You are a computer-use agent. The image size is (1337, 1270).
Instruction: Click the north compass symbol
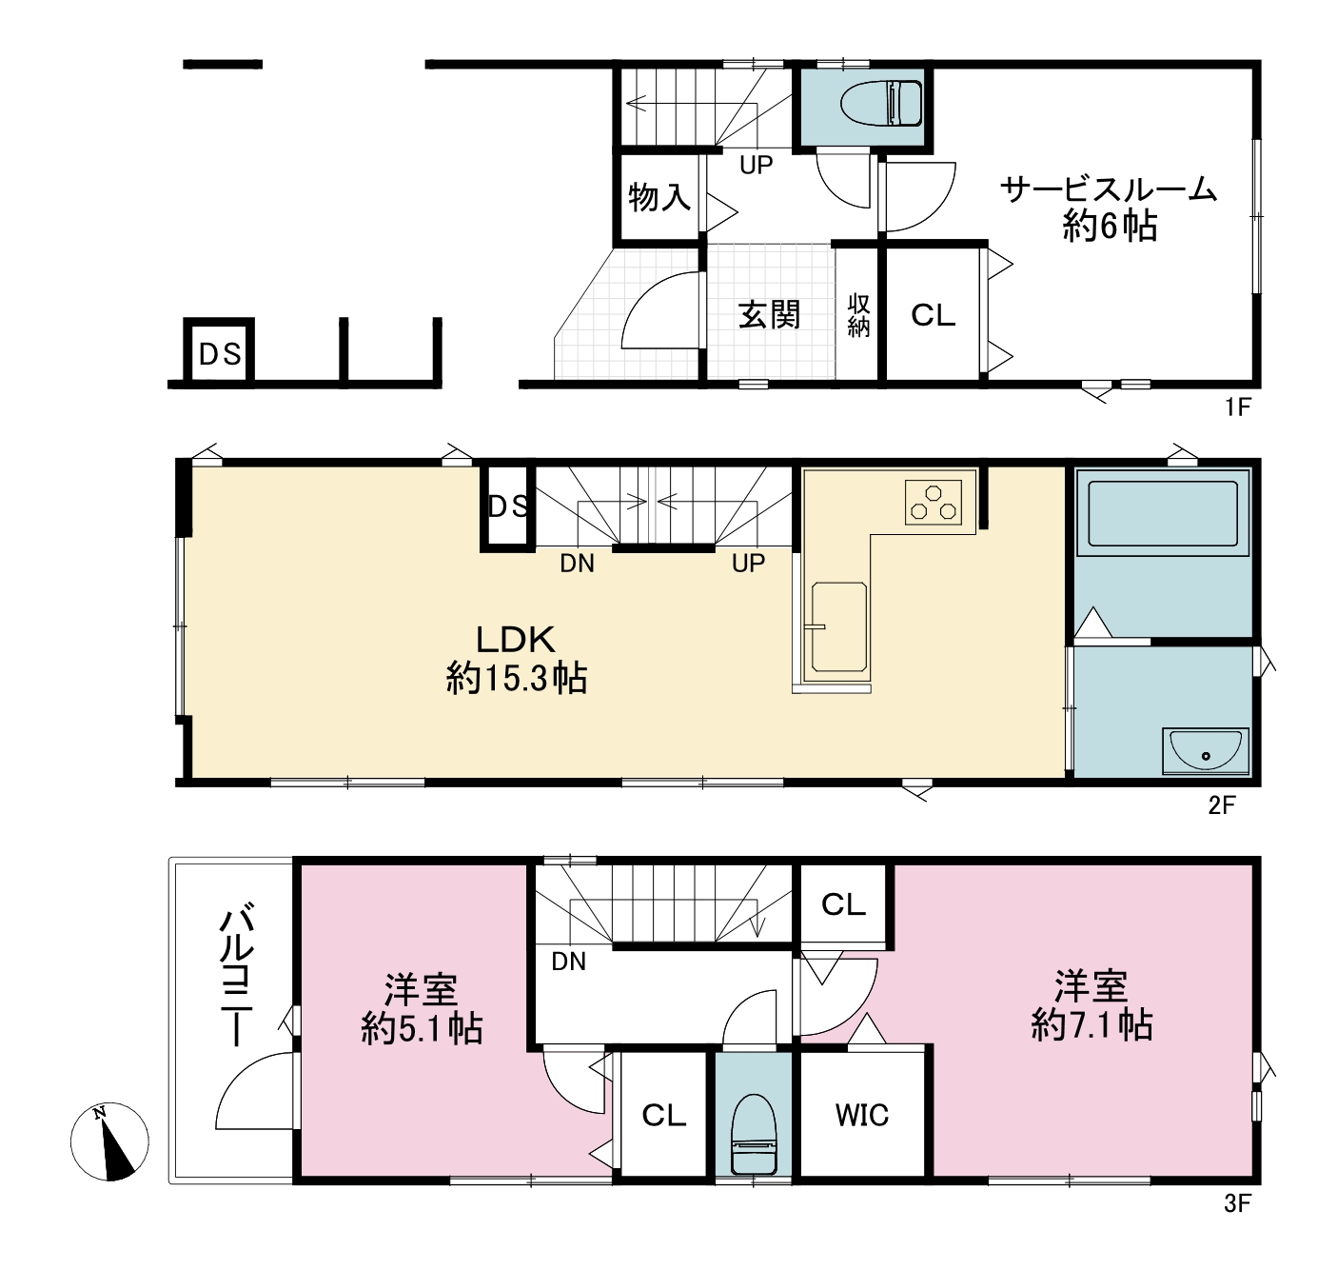click(108, 1141)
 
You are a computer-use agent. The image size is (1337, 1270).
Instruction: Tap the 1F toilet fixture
click(881, 104)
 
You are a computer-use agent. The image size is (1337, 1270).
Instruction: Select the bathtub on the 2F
click(1162, 514)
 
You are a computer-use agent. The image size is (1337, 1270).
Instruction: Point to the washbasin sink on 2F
click(1206, 751)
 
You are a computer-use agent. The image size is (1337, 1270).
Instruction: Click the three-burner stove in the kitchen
click(933, 503)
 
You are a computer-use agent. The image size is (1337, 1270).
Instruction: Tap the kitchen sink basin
click(839, 626)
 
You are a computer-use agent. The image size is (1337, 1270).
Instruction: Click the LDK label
click(515, 639)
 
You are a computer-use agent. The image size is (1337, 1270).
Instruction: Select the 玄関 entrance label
click(769, 314)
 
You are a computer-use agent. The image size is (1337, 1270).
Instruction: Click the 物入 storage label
click(659, 197)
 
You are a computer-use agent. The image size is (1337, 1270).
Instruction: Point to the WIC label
click(861, 1116)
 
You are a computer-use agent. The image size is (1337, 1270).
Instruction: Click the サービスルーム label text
click(1108, 189)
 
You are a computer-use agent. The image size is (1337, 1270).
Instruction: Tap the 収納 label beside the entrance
click(859, 315)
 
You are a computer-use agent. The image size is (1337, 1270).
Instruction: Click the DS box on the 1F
click(219, 352)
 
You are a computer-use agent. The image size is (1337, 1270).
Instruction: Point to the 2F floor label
click(1222, 805)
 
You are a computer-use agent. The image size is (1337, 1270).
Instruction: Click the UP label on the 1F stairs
click(757, 165)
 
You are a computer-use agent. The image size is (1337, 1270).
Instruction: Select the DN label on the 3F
click(568, 962)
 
